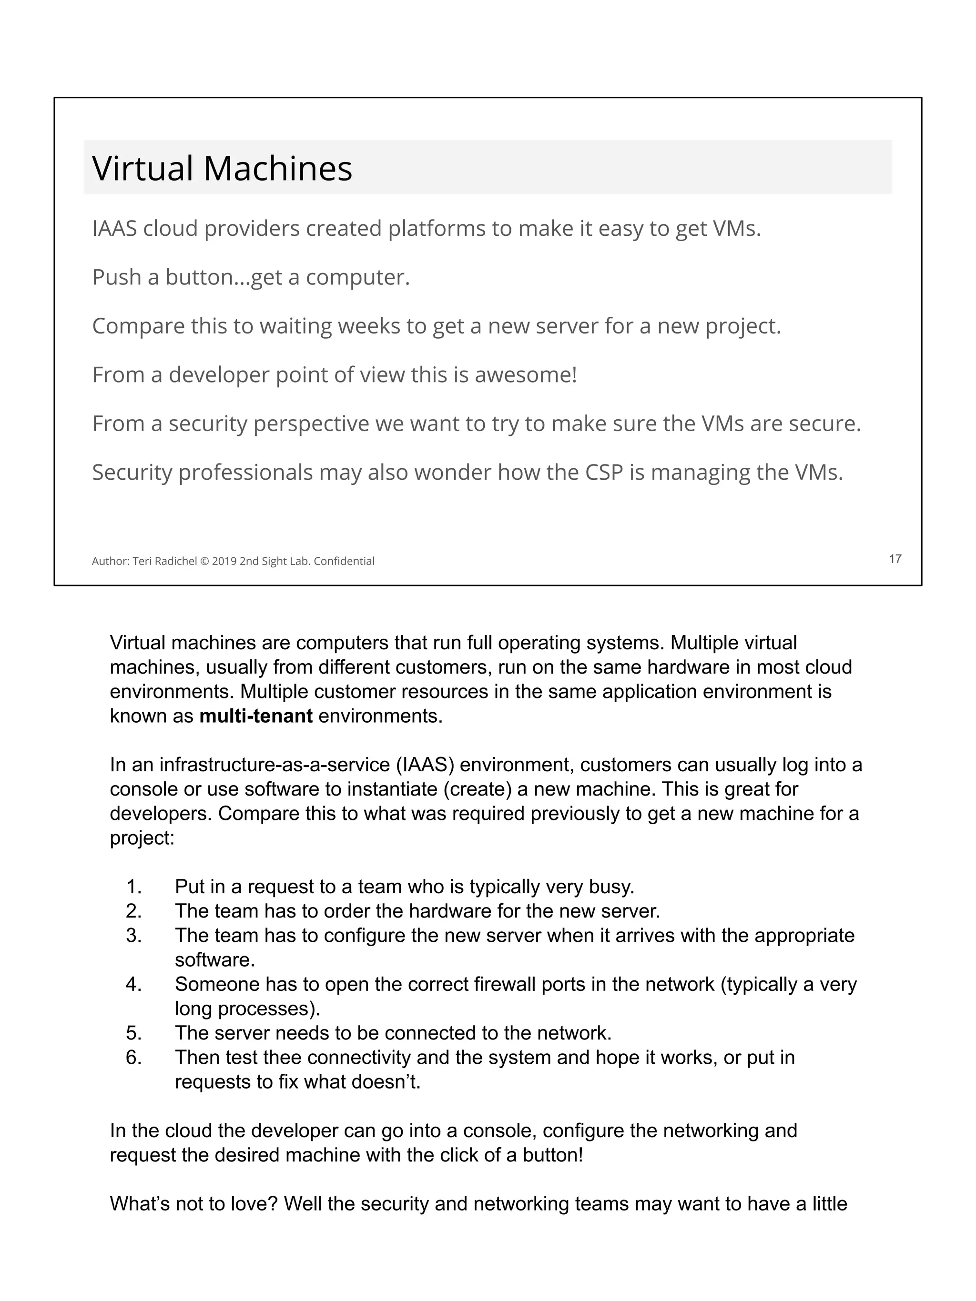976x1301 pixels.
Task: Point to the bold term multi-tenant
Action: point(256,716)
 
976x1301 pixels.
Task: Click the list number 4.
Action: point(133,984)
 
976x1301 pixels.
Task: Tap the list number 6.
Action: point(133,1058)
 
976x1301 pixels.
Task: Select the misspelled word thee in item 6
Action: point(282,1058)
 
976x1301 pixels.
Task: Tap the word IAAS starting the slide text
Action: point(114,229)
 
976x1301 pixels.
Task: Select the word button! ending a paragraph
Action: point(552,1155)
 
